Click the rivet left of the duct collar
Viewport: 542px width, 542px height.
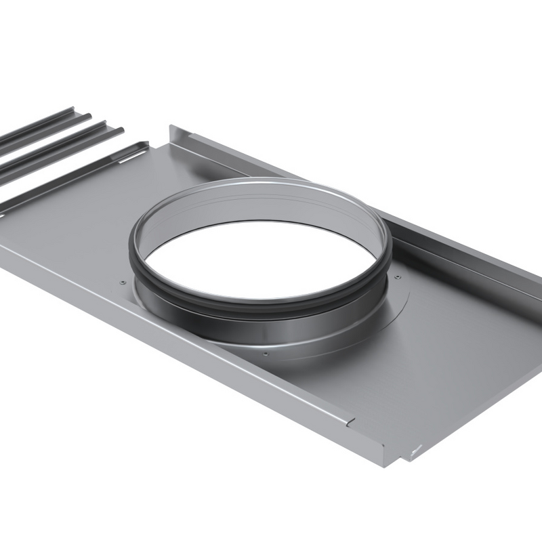[x=122, y=282]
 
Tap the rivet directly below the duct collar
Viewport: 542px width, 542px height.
[x=265, y=353]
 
